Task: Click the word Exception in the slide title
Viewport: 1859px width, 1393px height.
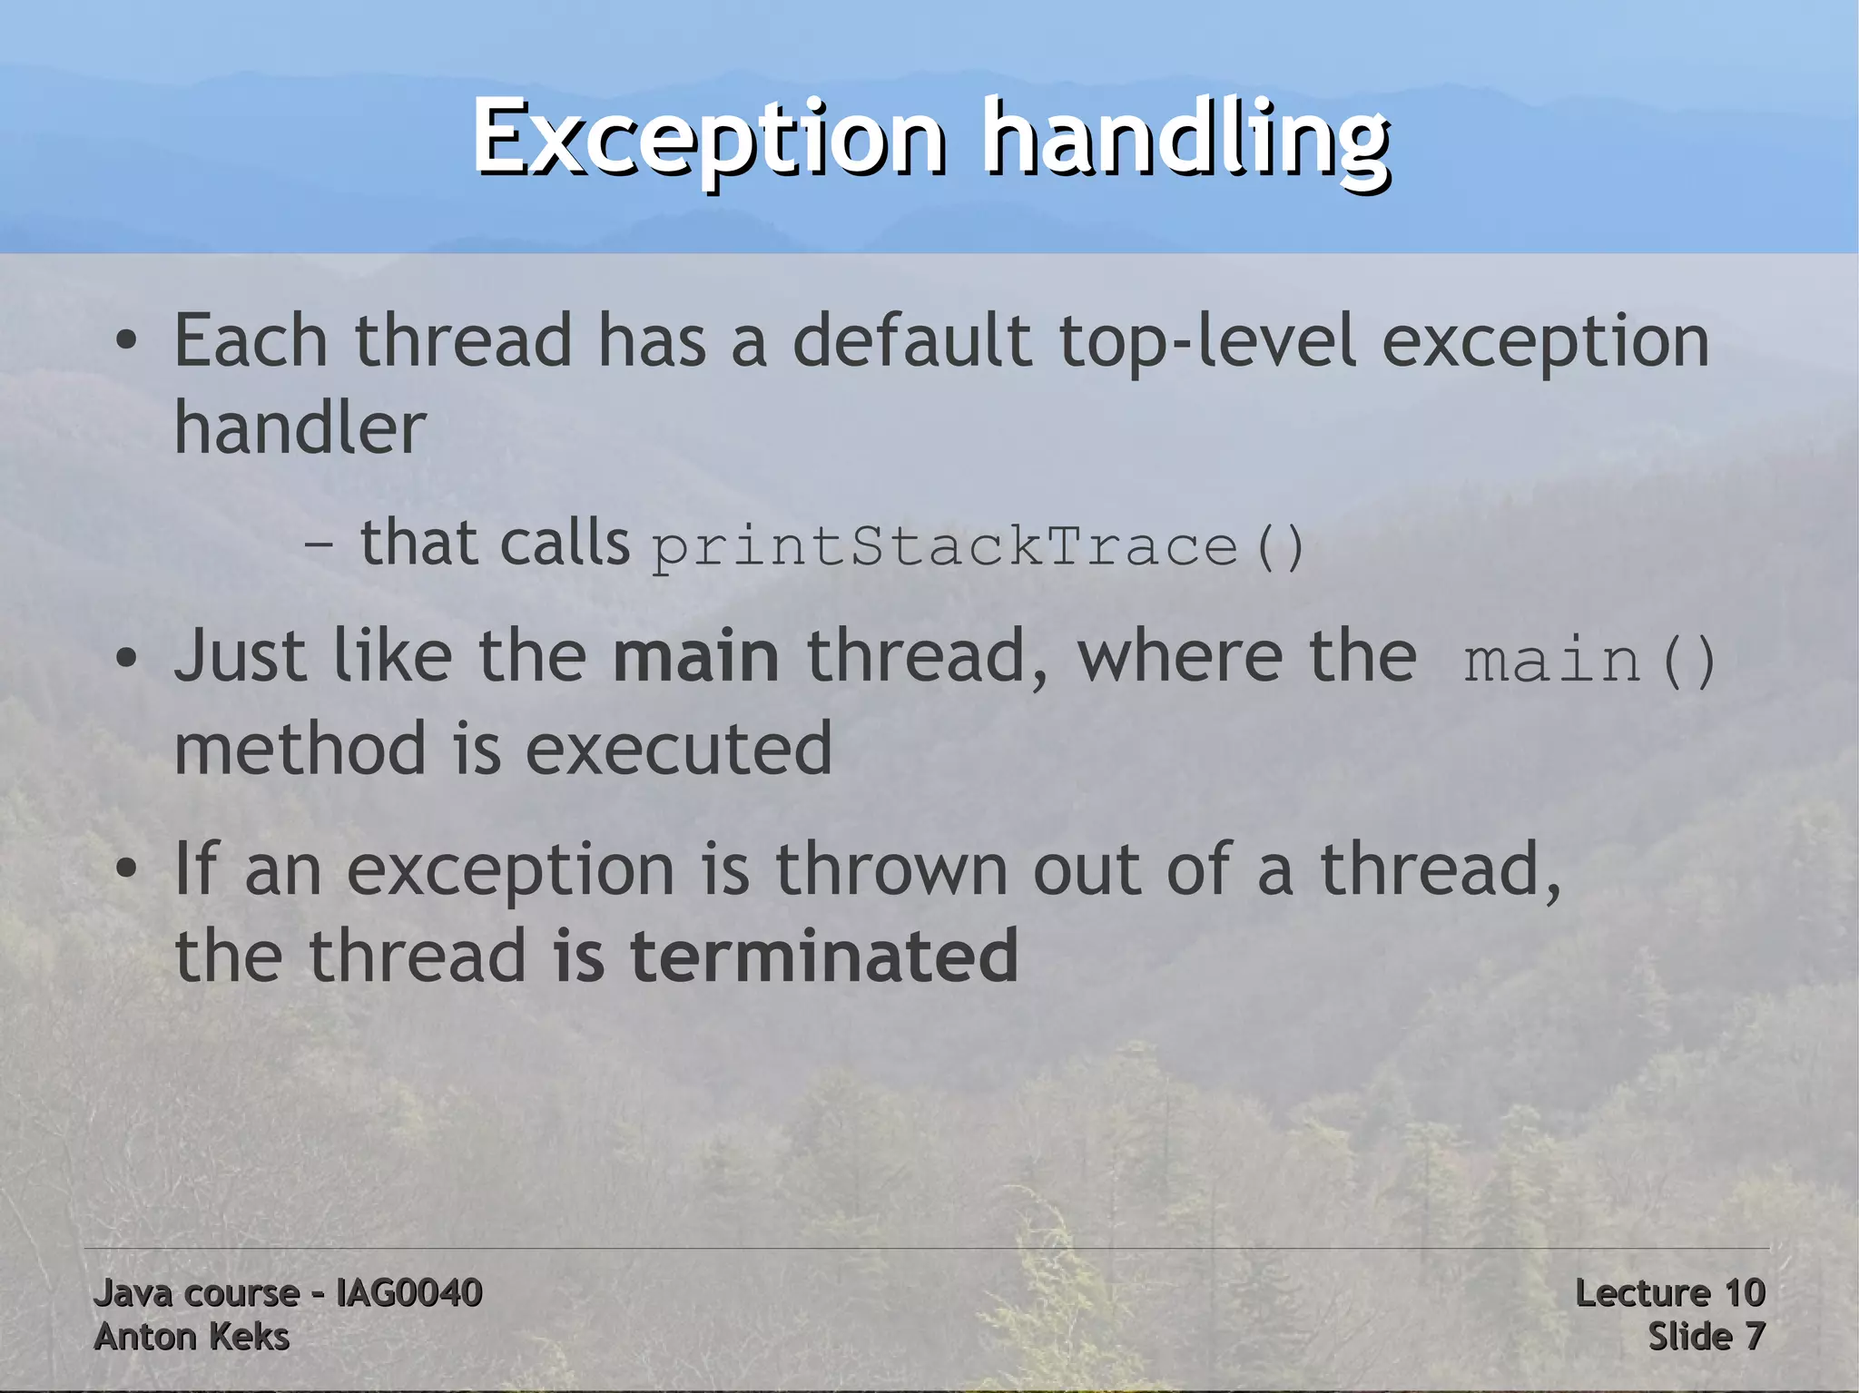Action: (x=708, y=138)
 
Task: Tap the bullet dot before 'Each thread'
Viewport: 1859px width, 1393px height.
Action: (x=126, y=342)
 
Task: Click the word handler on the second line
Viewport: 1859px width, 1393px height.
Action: (x=300, y=427)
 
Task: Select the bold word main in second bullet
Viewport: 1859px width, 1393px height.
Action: (x=695, y=657)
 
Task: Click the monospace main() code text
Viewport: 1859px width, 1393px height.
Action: (x=1589, y=661)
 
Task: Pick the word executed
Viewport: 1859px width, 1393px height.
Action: (x=678, y=750)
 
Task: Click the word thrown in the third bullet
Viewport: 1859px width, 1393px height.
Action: (x=890, y=869)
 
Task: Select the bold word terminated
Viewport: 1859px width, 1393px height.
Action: (x=823, y=956)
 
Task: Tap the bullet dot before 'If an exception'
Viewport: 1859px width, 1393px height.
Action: (x=126, y=869)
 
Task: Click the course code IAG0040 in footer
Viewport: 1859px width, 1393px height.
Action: (x=408, y=1292)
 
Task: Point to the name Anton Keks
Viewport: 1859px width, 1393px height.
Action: (x=192, y=1337)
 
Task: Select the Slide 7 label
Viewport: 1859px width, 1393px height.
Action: (x=1706, y=1337)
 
